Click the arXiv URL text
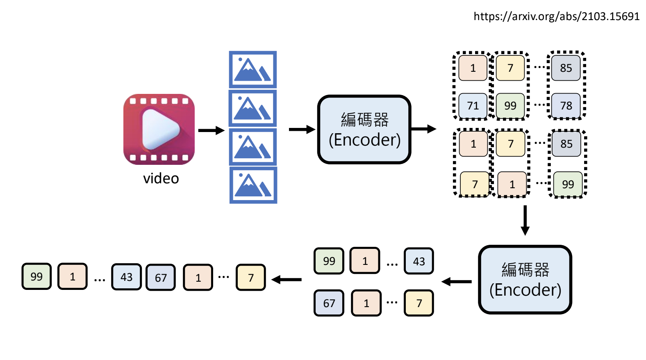click(556, 16)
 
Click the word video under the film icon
click(161, 178)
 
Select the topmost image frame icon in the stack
click(252, 69)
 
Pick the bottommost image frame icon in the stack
click(253, 185)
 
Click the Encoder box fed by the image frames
click(364, 130)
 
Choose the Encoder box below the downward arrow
click(525, 280)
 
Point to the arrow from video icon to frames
click(211, 130)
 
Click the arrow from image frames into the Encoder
click(302, 130)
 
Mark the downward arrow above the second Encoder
click(525, 221)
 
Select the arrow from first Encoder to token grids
click(423, 129)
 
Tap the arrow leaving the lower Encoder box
click(456, 282)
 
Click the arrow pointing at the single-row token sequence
click(287, 280)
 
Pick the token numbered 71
click(473, 106)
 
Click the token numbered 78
click(566, 106)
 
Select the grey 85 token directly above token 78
click(566, 68)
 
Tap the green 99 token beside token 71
click(510, 106)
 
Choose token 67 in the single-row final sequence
click(161, 278)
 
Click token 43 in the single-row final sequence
click(126, 277)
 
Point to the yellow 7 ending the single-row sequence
click(251, 278)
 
